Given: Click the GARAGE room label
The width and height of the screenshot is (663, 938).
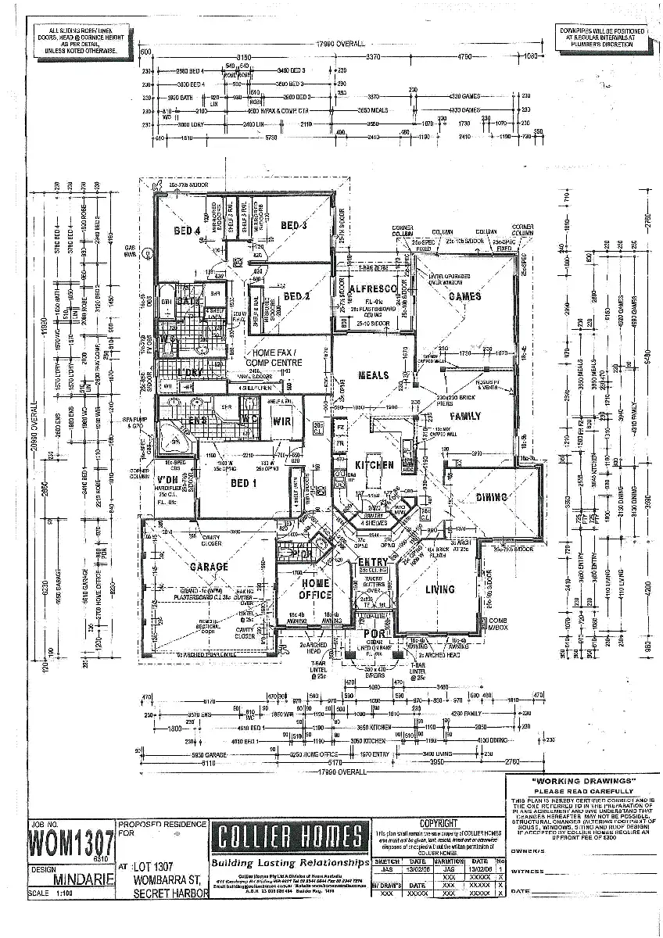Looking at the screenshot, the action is coord(208,567).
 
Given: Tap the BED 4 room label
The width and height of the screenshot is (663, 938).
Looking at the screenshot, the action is coord(187,230).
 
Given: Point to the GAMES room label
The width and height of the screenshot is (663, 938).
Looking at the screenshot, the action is coord(465,297).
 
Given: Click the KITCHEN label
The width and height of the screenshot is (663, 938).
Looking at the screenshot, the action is coord(375,464).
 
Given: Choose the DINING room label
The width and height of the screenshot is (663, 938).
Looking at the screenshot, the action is coord(492,497).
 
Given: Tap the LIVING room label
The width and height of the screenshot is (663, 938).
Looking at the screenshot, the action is coord(439,589).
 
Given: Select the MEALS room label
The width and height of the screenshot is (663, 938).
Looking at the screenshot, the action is coord(373,375).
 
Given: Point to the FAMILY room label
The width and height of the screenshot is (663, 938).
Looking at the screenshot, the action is coord(465,417).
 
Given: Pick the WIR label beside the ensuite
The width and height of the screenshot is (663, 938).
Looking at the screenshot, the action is coord(281,422).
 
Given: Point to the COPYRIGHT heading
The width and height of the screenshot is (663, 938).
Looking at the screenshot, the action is coord(439,824).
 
